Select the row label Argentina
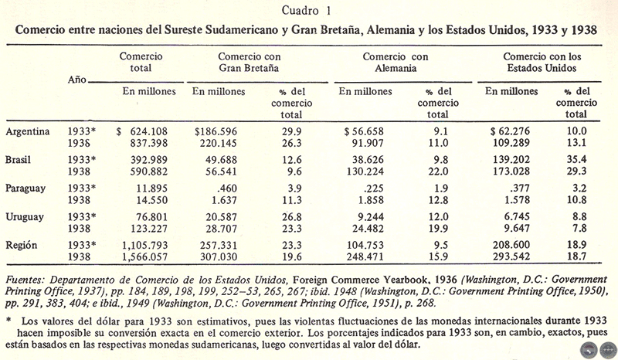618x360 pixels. click(29, 132)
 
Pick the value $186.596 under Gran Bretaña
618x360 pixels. click(219, 132)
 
